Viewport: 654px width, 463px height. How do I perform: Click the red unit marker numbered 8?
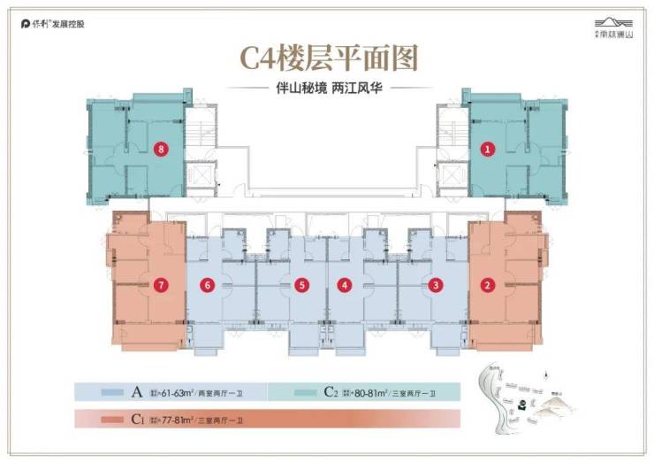[160, 149]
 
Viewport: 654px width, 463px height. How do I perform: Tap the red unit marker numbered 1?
[487, 150]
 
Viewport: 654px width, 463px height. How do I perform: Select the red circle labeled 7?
[160, 285]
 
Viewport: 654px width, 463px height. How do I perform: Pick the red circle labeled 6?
[208, 285]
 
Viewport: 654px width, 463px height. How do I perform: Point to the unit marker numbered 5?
[301, 285]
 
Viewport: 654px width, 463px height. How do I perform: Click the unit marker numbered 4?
[345, 285]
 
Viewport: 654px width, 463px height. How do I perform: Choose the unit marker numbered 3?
[436, 285]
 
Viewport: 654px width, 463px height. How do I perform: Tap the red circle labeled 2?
[487, 285]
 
